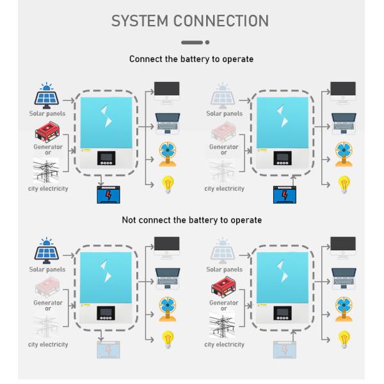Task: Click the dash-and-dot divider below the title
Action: (x=195, y=43)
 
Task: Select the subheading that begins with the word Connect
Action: (x=191, y=59)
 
